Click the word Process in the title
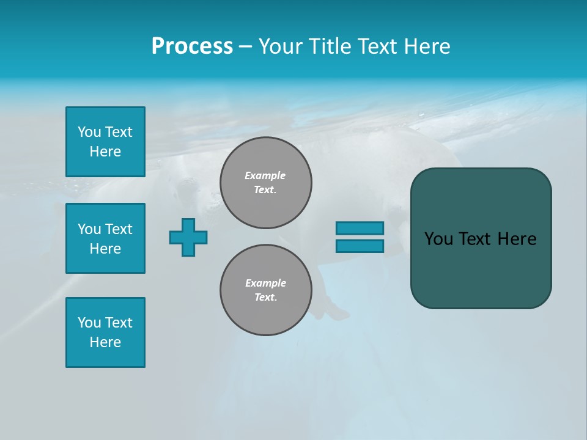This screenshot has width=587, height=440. (x=192, y=46)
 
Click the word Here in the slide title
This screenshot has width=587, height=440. (x=426, y=46)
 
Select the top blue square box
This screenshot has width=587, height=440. (x=105, y=142)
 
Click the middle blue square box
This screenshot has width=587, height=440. (x=105, y=238)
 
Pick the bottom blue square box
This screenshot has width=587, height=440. (x=105, y=332)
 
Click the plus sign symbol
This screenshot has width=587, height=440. (x=188, y=237)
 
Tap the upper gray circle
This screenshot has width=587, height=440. (x=266, y=183)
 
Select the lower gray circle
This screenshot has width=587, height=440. (x=266, y=290)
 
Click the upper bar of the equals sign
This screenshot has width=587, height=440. (x=360, y=228)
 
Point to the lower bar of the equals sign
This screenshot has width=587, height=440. (x=360, y=246)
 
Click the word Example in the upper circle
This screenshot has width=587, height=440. (x=265, y=175)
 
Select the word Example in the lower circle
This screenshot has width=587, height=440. (x=265, y=283)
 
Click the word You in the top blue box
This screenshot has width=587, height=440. (x=89, y=132)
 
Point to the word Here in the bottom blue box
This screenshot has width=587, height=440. (x=105, y=342)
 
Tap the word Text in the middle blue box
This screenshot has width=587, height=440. (x=119, y=229)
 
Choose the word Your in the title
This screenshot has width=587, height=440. (x=280, y=46)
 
